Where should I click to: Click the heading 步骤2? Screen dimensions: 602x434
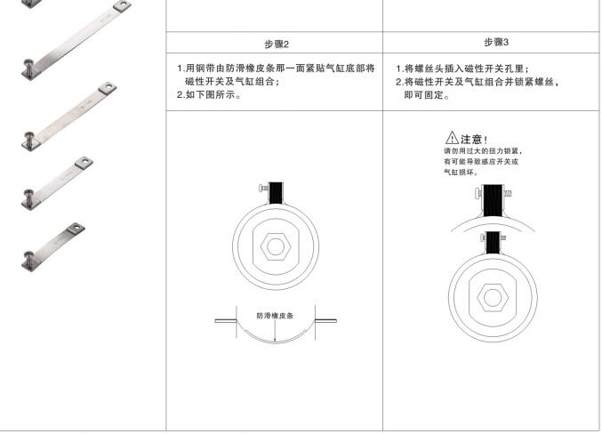click(277, 44)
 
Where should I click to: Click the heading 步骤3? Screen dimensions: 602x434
click(496, 43)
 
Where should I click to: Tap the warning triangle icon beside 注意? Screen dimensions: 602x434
click(452, 138)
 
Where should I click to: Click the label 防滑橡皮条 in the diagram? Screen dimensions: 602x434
click(275, 316)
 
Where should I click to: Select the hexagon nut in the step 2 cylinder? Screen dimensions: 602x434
click(276, 246)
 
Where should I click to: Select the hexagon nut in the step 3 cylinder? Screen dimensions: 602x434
click(493, 298)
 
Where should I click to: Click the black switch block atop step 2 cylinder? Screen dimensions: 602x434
click(276, 193)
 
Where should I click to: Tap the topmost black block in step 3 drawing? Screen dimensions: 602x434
click(493, 200)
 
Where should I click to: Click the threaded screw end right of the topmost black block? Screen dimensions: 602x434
click(507, 193)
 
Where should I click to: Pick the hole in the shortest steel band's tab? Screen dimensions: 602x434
click(76, 229)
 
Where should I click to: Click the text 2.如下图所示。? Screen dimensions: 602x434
click(209, 95)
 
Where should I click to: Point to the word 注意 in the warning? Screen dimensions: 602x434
click(471, 139)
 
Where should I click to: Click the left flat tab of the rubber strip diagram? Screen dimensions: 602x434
click(225, 321)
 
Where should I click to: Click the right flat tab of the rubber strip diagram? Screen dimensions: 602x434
click(326, 321)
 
